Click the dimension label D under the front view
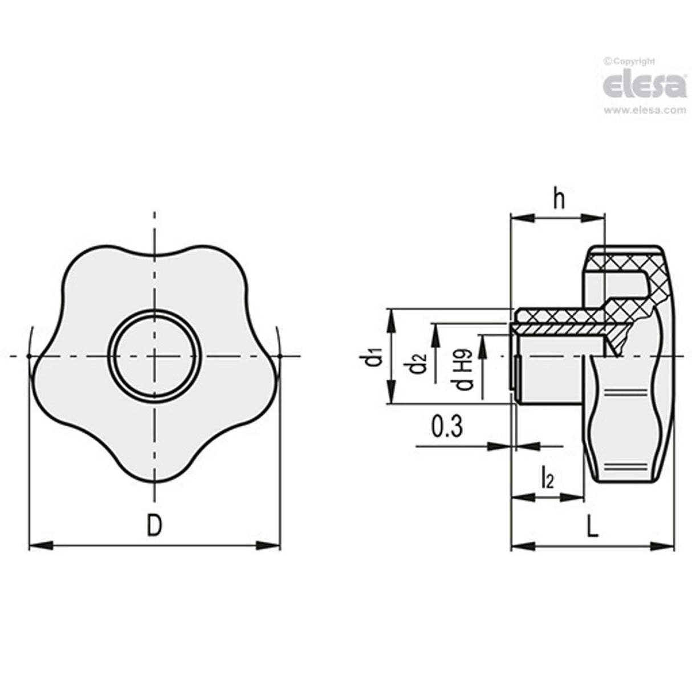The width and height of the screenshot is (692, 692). [154, 524]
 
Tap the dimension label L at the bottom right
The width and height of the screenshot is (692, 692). [593, 527]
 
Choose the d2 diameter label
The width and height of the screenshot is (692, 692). [418, 365]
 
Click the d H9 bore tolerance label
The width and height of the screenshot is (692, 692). [464, 371]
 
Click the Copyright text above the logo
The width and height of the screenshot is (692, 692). [630, 61]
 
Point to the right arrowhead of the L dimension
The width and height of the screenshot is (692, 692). [666, 547]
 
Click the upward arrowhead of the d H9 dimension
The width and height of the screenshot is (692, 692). [482, 341]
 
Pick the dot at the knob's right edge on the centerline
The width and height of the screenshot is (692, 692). [280, 357]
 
